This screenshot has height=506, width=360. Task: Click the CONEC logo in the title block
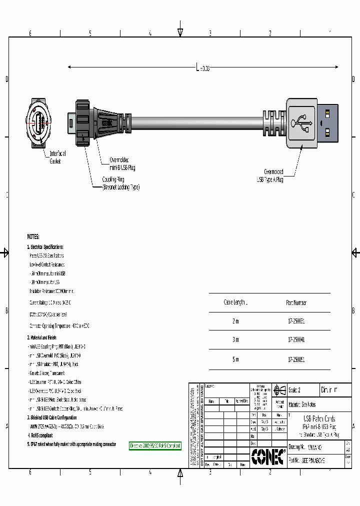click(267, 455)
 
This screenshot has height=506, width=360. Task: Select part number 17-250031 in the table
click(296, 321)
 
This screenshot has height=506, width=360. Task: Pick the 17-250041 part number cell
click(296, 339)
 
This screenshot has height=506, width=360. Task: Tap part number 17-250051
click(296, 359)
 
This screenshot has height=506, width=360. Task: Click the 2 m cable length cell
click(235, 321)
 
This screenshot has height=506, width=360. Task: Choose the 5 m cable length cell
click(235, 359)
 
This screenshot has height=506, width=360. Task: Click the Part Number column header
click(296, 302)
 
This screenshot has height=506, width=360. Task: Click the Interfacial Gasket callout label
click(57, 157)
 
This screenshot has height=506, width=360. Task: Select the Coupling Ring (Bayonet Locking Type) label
click(120, 183)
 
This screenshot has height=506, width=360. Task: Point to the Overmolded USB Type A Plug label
click(270, 175)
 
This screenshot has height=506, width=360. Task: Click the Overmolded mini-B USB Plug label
click(122, 164)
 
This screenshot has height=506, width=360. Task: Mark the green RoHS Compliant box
click(155, 445)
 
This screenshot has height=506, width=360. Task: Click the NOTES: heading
click(33, 236)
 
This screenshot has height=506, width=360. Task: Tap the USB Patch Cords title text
click(319, 418)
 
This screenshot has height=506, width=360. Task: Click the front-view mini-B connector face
click(39, 121)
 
